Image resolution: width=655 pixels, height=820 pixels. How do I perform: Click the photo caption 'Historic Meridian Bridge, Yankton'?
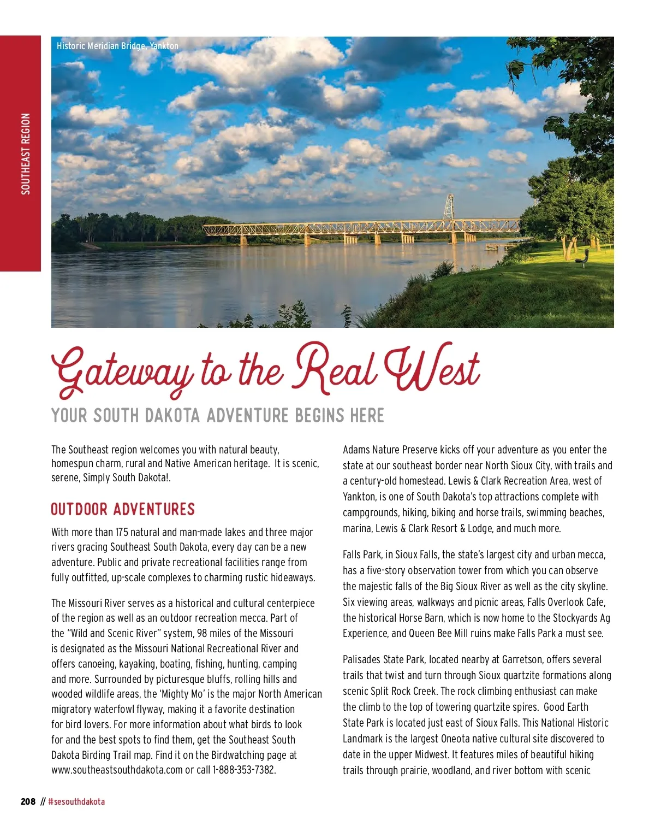click(x=117, y=46)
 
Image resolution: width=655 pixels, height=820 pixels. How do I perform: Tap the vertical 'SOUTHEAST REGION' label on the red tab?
click(x=25, y=154)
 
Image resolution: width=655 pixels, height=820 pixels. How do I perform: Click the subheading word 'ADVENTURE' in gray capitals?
click(x=247, y=416)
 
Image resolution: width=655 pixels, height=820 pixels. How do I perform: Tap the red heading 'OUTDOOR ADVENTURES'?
click(x=123, y=510)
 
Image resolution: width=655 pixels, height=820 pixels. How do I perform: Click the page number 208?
click(x=28, y=801)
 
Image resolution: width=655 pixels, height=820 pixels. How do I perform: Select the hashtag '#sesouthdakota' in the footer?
click(x=76, y=801)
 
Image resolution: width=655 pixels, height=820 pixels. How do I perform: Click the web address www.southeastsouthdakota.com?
click(x=117, y=770)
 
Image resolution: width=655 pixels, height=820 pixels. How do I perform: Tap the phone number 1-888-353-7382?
click(x=243, y=770)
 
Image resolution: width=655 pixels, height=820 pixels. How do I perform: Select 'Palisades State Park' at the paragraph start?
click(x=383, y=660)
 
